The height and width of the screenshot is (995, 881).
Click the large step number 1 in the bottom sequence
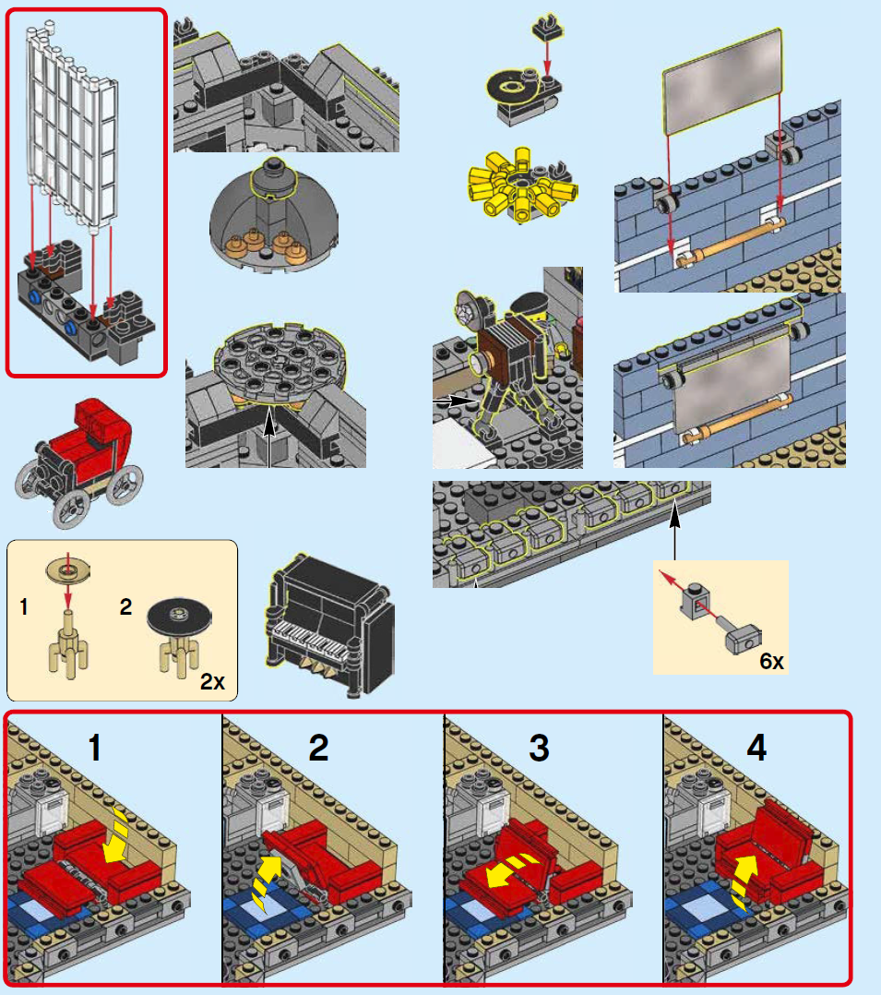[94, 748]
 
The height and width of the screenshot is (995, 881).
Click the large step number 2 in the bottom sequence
[318, 748]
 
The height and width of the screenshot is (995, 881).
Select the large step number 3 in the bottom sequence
[539, 748]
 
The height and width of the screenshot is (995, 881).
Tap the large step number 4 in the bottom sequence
[756, 748]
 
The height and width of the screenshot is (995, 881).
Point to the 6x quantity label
[771, 661]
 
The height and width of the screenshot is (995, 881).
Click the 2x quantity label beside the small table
[212, 682]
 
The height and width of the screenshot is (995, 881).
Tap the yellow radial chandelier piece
[522, 185]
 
